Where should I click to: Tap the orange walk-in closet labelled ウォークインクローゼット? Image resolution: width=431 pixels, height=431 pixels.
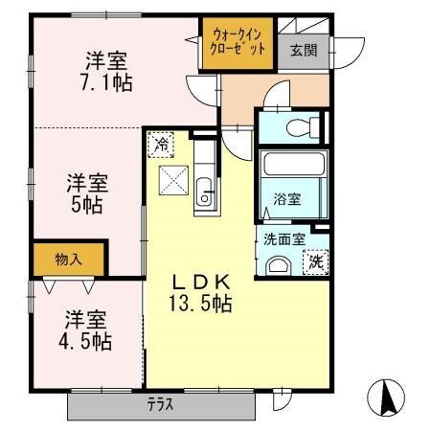[237, 44]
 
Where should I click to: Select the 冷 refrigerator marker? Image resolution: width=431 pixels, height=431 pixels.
[161, 145]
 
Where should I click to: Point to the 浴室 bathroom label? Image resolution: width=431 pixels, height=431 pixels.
[287, 199]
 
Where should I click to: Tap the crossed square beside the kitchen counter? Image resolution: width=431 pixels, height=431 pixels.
[174, 180]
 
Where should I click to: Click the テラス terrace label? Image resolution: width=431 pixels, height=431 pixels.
[160, 404]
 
